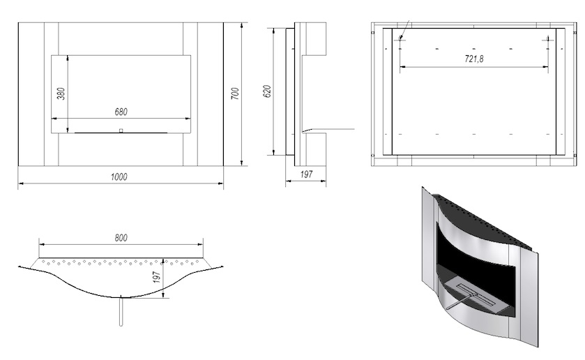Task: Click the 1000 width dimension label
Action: point(119,177)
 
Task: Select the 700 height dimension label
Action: point(235,93)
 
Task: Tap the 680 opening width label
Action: point(121,112)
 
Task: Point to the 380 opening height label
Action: point(61,93)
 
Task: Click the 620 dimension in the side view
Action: point(268,91)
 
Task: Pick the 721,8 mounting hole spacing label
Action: point(474,59)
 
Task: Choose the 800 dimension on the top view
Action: point(121,238)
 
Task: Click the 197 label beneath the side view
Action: point(306,174)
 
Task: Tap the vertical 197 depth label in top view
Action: point(157,277)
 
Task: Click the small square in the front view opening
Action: point(121,130)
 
